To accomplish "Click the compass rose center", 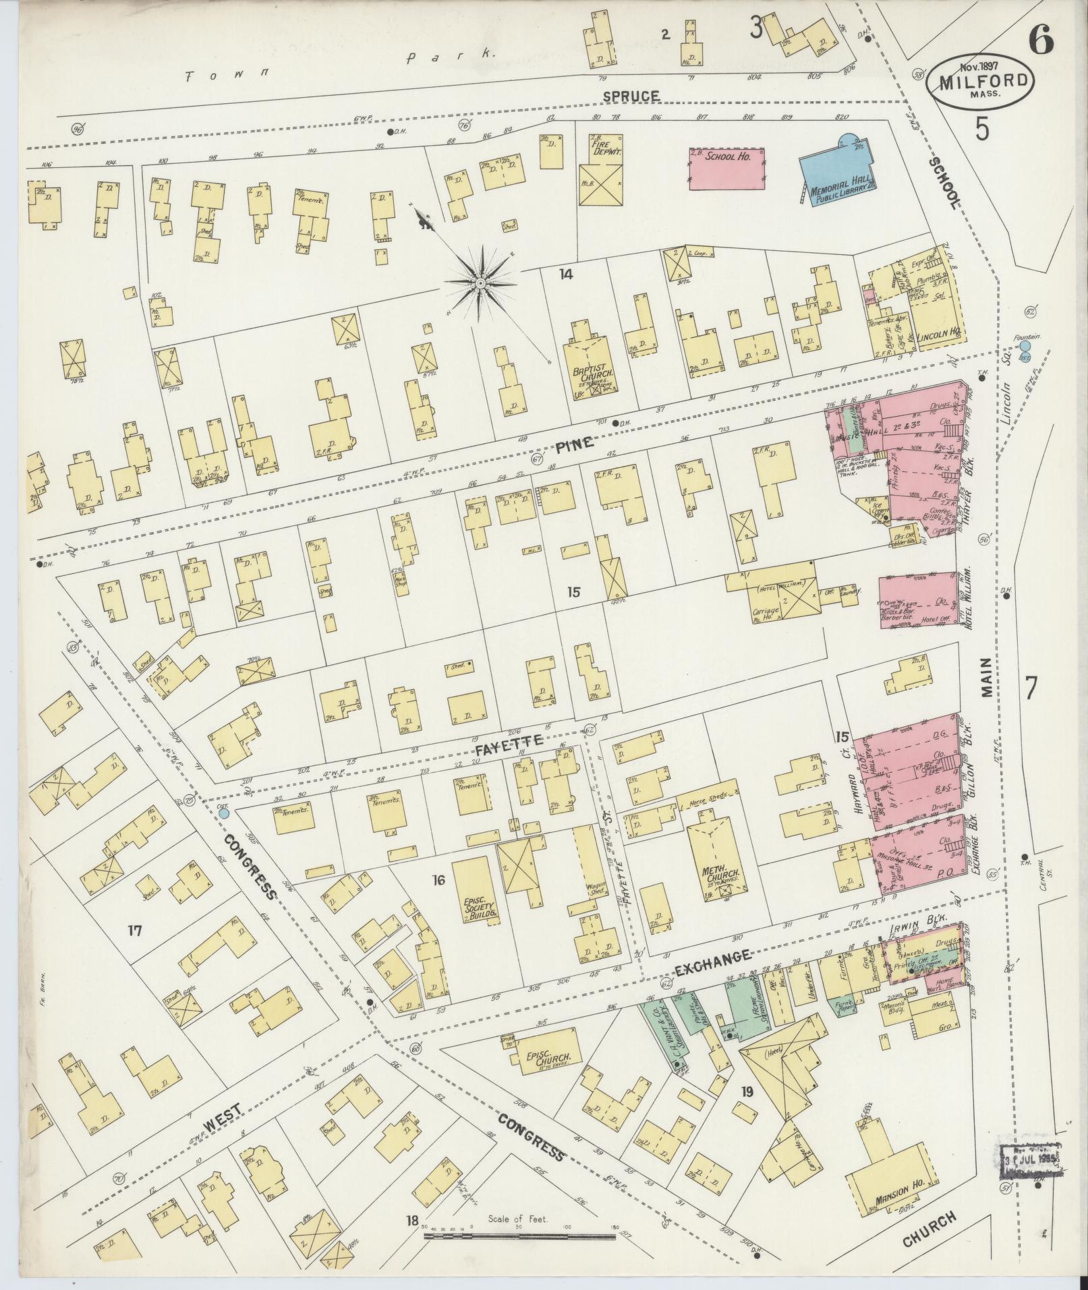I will [x=480, y=284].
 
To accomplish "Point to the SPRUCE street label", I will [x=631, y=96].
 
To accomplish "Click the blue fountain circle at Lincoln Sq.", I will [x=1025, y=346].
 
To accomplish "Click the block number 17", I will [x=134, y=931].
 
